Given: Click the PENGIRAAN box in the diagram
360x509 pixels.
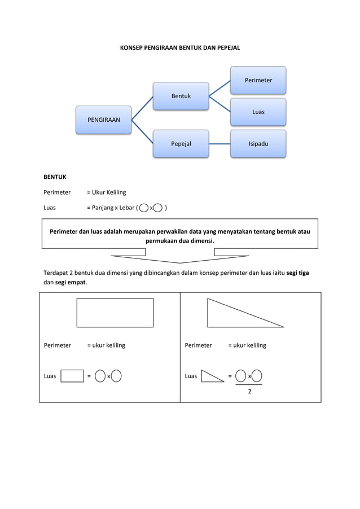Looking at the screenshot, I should click(x=104, y=120).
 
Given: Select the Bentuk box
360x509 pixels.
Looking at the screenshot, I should click(x=181, y=96).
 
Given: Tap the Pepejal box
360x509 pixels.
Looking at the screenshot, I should click(x=181, y=144).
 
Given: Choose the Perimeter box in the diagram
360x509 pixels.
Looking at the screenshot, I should click(x=258, y=80).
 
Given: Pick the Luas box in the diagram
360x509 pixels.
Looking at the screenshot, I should click(x=258, y=112).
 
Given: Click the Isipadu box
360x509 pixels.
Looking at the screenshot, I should click(x=258, y=144).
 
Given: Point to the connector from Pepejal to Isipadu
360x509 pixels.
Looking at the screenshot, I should click(x=219, y=144).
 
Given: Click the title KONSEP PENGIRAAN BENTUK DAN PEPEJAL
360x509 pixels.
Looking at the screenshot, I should click(x=180, y=49).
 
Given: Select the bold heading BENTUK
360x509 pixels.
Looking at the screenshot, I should click(x=55, y=177).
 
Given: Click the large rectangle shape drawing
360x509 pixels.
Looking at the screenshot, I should click(x=115, y=313).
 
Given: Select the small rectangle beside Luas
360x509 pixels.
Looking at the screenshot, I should click(x=72, y=376).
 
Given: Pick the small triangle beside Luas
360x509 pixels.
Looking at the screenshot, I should click(x=211, y=376).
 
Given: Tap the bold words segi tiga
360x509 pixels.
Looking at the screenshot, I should click(x=297, y=273).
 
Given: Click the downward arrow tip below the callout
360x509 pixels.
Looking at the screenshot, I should click(x=180, y=262).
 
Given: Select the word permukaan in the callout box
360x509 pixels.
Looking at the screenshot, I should click(x=164, y=241).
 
